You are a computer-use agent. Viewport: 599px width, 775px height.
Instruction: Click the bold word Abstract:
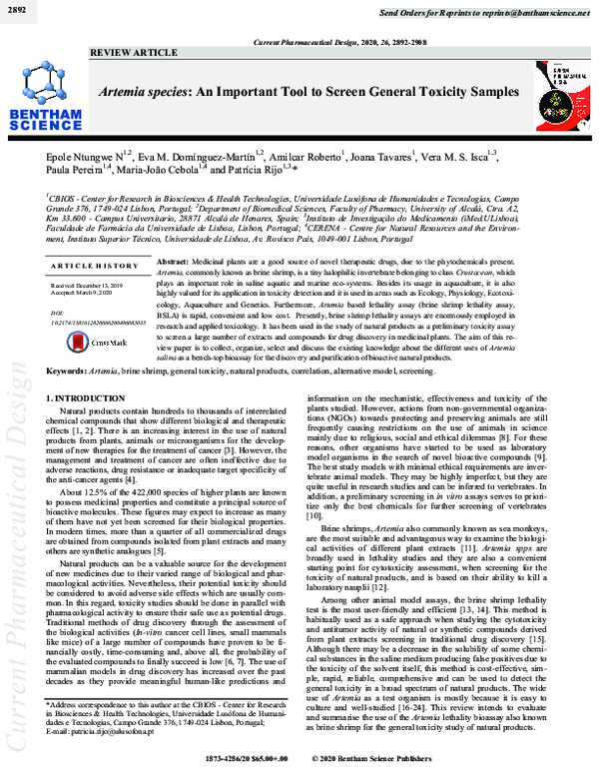176,259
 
